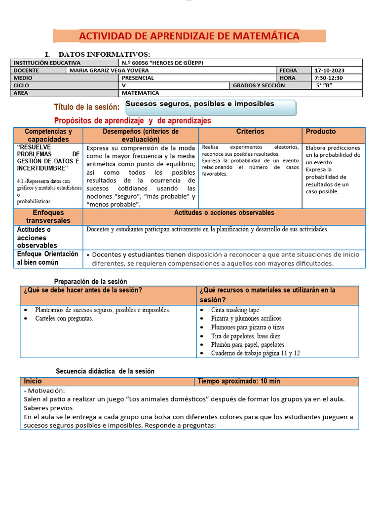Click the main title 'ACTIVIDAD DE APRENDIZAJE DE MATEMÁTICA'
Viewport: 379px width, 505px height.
pyautogui.click(x=189, y=36)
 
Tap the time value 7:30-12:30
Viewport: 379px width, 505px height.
pyautogui.click(x=328, y=78)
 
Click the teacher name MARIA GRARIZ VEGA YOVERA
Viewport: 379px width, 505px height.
pyautogui.click(x=109, y=71)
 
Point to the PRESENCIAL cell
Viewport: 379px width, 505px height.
pyautogui.click(x=138, y=78)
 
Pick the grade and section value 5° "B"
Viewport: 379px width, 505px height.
pyautogui.click(x=324, y=85)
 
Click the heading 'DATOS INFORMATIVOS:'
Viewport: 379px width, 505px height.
pyautogui.click(x=104, y=54)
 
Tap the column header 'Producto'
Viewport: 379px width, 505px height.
pyautogui.click(x=321, y=132)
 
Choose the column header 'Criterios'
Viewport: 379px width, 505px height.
pyautogui.click(x=250, y=132)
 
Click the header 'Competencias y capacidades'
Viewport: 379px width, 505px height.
pyautogui.click(x=48, y=136)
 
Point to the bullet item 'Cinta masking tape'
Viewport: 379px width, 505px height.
pyautogui.click(x=235, y=310)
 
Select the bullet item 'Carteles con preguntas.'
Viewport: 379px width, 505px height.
pyautogui.click(x=64, y=319)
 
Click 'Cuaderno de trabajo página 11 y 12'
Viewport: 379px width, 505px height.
pyautogui.click(x=255, y=353)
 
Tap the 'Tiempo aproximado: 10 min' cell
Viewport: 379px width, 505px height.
pyautogui.click(x=239, y=381)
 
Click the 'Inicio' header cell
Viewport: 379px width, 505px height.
pyautogui.click(x=33, y=381)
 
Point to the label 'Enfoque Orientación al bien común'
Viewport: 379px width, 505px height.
pyautogui.click(x=48, y=258)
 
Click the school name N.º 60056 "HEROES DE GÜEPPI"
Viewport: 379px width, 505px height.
pyautogui.click(x=162, y=63)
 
